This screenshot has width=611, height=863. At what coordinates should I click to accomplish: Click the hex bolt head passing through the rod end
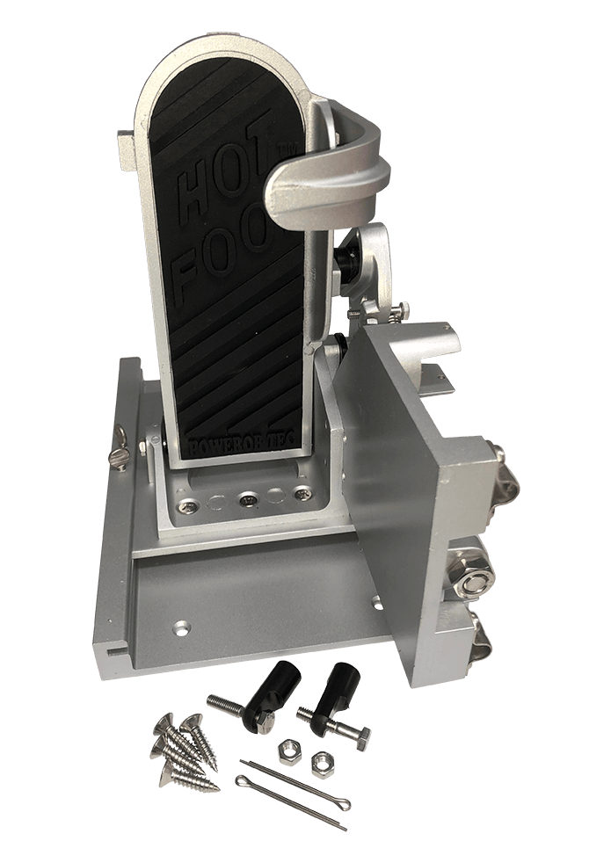coord(358,735)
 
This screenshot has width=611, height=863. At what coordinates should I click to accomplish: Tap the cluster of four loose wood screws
coord(184,747)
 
